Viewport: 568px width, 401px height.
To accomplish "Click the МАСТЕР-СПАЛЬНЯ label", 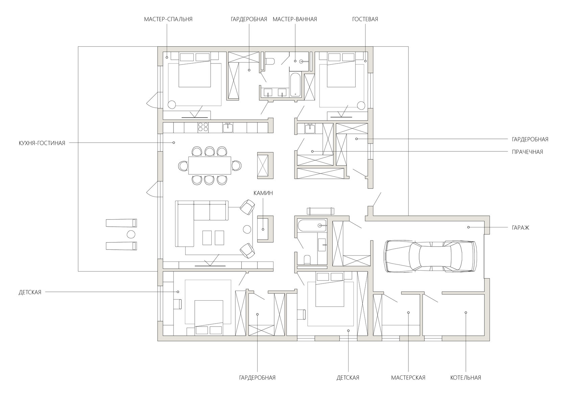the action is pos(168,19).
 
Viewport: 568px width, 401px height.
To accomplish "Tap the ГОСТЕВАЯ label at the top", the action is pos(365,19).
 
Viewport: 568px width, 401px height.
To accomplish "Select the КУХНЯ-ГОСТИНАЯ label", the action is pos(42,143).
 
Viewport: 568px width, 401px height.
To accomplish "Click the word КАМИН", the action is pos(263,193).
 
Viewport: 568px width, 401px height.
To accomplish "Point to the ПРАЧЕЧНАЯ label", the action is pos(527,152).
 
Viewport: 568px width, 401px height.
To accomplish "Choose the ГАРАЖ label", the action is pos(521,228).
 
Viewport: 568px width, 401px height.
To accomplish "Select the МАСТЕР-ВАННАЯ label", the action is pos(295,19).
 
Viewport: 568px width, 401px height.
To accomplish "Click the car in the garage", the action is pos(430,256).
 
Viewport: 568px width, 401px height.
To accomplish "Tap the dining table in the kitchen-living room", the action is pos(210,166).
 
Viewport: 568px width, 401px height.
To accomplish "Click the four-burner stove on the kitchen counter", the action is pos(203,127).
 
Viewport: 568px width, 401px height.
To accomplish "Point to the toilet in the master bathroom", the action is pos(269,61).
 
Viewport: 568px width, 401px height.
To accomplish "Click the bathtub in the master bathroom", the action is pos(295,85).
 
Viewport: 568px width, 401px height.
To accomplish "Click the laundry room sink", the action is pos(310,129).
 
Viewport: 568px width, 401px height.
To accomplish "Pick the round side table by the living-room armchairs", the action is pos(247,229).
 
